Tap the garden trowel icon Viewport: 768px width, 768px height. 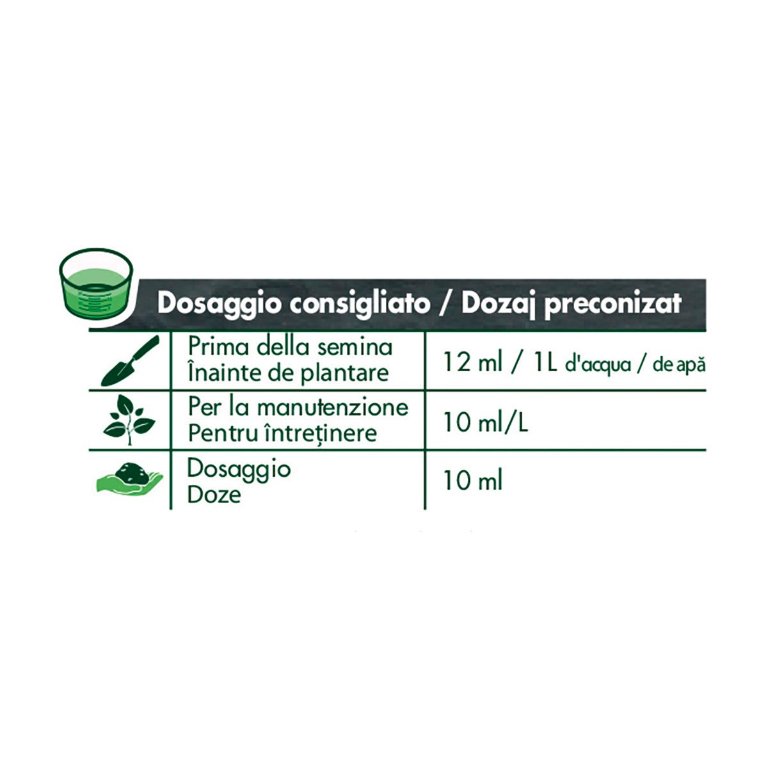click(x=130, y=361)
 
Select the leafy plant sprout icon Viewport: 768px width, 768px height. click(x=129, y=420)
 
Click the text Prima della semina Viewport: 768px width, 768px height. click(x=290, y=347)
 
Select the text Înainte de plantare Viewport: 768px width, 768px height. click(x=288, y=373)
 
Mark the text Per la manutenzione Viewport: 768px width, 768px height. click(x=298, y=407)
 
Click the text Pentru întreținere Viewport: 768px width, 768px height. click(x=282, y=433)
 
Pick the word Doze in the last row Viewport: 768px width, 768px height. click(x=214, y=495)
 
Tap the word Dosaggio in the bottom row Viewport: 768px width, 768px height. click(x=239, y=469)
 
